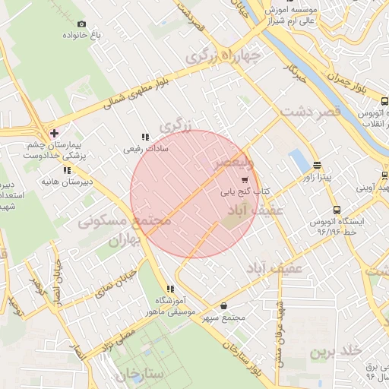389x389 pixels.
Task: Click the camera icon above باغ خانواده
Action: click(x=82, y=24)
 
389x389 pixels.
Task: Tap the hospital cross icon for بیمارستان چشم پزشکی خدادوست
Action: click(x=54, y=133)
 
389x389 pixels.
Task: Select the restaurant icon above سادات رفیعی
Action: click(x=144, y=138)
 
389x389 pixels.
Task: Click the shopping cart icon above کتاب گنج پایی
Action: click(x=244, y=180)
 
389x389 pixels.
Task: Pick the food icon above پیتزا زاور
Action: click(x=317, y=165)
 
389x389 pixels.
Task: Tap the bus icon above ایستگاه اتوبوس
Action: click(x=337, y=210)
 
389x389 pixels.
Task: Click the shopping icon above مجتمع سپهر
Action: click(x=223, y=305)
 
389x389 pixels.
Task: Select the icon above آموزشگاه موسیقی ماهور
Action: click(x=170, y=289)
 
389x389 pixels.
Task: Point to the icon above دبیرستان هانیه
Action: click(x=68, y=170)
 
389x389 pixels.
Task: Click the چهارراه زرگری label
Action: click(x=224, y=55)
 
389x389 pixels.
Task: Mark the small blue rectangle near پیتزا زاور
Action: click(x=299, y=160)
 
